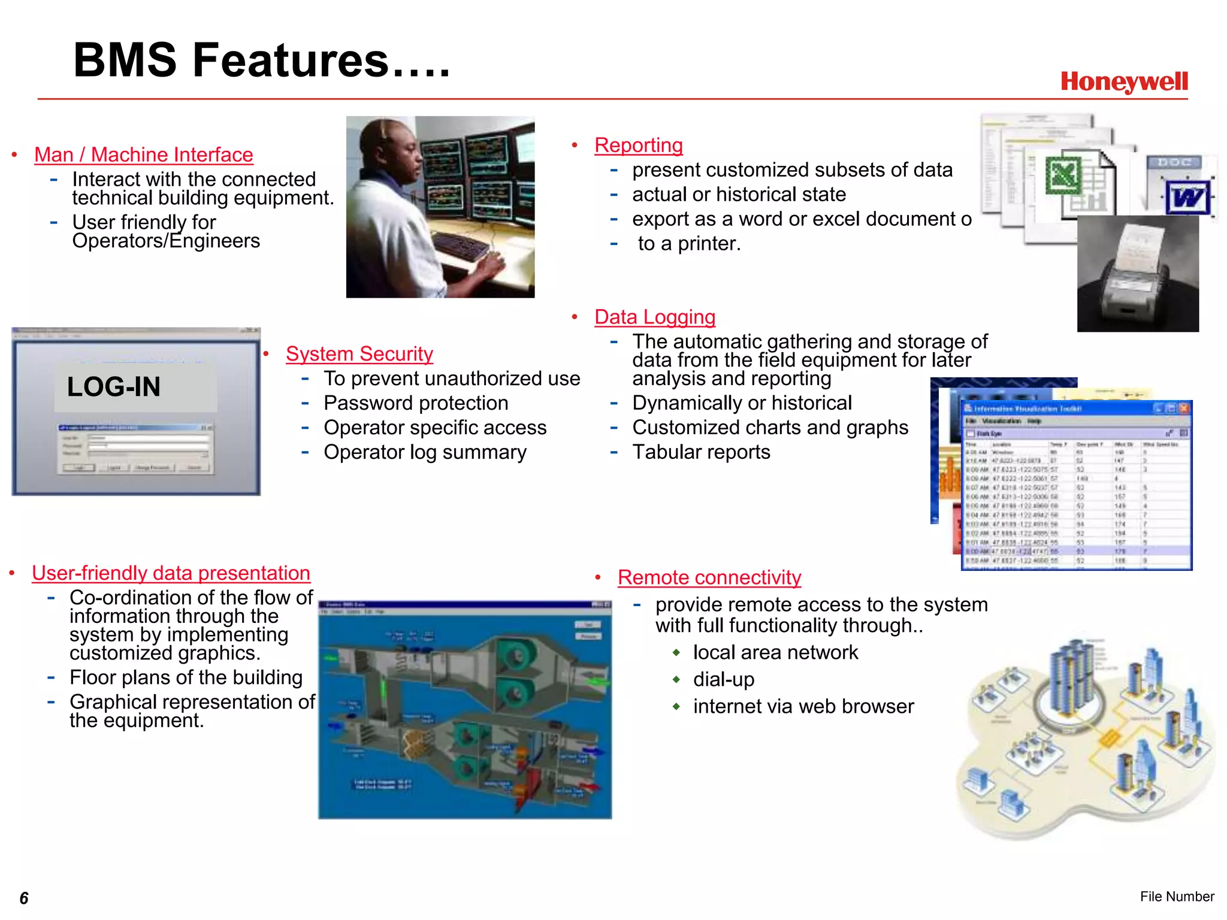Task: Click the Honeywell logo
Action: pyautogui.click(x=1123, y=82)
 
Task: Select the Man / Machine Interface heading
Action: pyautogui.click(x=144, y=155)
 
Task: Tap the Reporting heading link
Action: pyautogui.click(x=638, y=145)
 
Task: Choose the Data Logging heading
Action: pyautogui.click(x=655, y=317)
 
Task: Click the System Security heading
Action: pyautogui.click(x=359, y=354)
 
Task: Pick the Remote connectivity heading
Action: pyautogui.click(x=709, y=577)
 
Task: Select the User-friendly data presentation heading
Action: pyautogui.click(x=171, y=573)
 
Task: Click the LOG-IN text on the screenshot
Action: pyautogui.click(x=114, y=387)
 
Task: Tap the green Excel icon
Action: pyautogui.click(x=1063, y=175)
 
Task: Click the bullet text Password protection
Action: pyautogui.click(x=416, y=403)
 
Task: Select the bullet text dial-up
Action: pyautogui.click(x=723, y=680)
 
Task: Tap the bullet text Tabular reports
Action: pyautogui.click(x=701, y=452)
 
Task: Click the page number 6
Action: pyautogui.click(x=24, y=898)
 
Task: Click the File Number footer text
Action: pyautogui.click(x=1177, y=897)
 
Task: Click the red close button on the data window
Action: pyautogui.click(x=1184, y=408)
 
